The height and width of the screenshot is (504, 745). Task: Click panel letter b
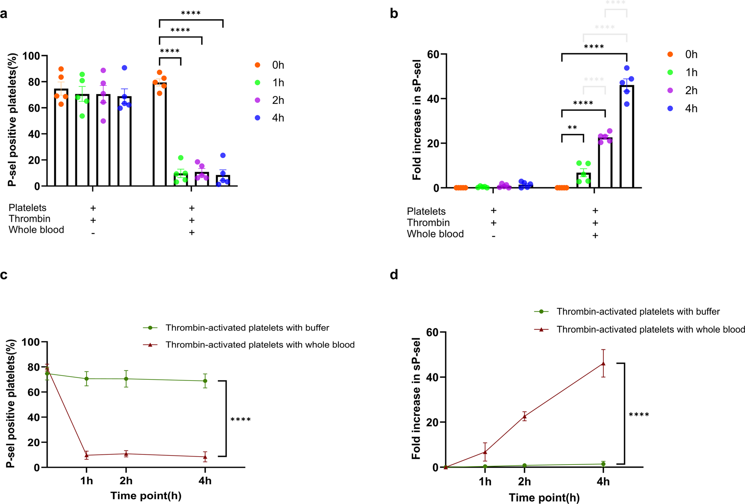point(394,14)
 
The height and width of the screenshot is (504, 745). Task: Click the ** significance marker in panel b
point(572,128)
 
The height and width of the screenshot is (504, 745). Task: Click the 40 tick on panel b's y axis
point(433,99)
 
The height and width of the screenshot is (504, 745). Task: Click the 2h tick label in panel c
point(126,481)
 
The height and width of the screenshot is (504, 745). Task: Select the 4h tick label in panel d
point(603,482)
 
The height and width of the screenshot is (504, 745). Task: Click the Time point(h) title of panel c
point(146,496)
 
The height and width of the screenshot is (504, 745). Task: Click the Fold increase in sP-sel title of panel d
point(416,398)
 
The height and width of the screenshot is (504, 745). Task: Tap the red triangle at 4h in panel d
point(603,364)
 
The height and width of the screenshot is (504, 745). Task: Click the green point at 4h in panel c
point(205,381)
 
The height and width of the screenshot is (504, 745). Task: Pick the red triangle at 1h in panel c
point(87,455)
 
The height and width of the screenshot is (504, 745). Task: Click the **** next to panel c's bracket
point(241,420)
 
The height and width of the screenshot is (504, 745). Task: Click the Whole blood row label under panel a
point(36,230)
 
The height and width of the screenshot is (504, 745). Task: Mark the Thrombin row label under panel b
point(428,223)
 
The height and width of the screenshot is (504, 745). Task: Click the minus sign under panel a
point(93,234)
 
